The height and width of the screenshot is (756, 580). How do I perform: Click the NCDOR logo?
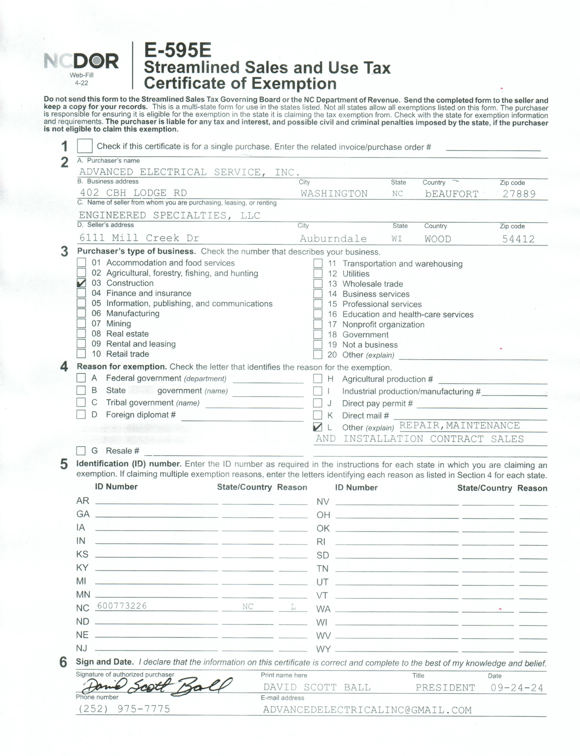pos(81,61)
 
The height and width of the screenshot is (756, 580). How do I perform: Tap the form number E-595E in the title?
pos(177,50)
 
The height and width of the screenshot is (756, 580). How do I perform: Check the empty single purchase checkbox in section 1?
pos(85,146)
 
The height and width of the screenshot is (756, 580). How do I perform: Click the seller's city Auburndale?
pos(333,238)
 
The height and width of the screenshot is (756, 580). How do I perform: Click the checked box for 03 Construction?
pos(81,283)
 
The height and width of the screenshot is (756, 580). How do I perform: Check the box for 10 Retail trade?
pos(81,354)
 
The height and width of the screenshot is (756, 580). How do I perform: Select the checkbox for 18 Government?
pos(318,335)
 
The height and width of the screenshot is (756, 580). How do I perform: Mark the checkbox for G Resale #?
pos(81,450)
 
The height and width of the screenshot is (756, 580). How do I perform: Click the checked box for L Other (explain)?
pos(317,427)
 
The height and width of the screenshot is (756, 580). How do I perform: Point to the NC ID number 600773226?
pos(122,606)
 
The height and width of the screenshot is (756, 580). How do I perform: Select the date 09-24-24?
pos(516,688)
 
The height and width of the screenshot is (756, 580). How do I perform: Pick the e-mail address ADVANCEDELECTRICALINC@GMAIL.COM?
pos(367,710)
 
